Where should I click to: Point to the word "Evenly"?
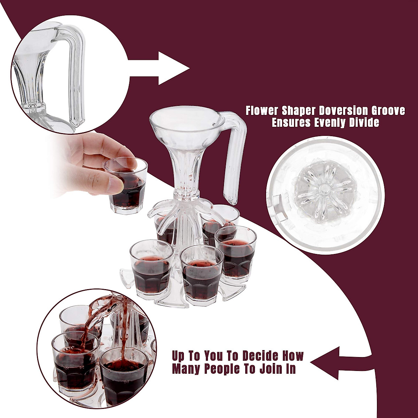coord(335,123)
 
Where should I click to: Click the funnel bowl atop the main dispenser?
coord(187,122)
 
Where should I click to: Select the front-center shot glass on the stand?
coord(202,275)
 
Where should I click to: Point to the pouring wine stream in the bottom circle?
coord(101,310)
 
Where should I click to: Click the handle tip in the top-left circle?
coord(75,122)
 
